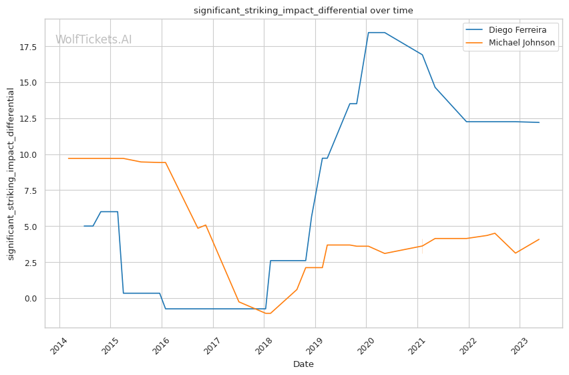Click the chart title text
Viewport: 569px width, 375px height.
tap(303, 11)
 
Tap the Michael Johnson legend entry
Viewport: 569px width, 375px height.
tap(522, 43)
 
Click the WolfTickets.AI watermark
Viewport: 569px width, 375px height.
tap(93, 39)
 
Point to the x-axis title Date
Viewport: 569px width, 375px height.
tap(303, 364)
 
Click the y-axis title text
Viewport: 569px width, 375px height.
tap(11, 174)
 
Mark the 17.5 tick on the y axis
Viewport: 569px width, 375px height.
tap(29, 47)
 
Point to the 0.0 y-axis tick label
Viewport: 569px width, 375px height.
tap(31, 298)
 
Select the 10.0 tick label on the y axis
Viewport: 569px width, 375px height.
tap(29, 154)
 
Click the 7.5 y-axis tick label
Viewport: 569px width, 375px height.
tap(31, 191)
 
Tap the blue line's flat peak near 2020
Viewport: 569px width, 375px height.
tap(376, 33)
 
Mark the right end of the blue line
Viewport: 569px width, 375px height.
tap(539, 122)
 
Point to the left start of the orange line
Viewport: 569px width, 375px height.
tap(69, 158)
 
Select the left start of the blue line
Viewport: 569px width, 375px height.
tap(84, 226)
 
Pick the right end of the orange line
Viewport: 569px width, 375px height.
tap(539, 239)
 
